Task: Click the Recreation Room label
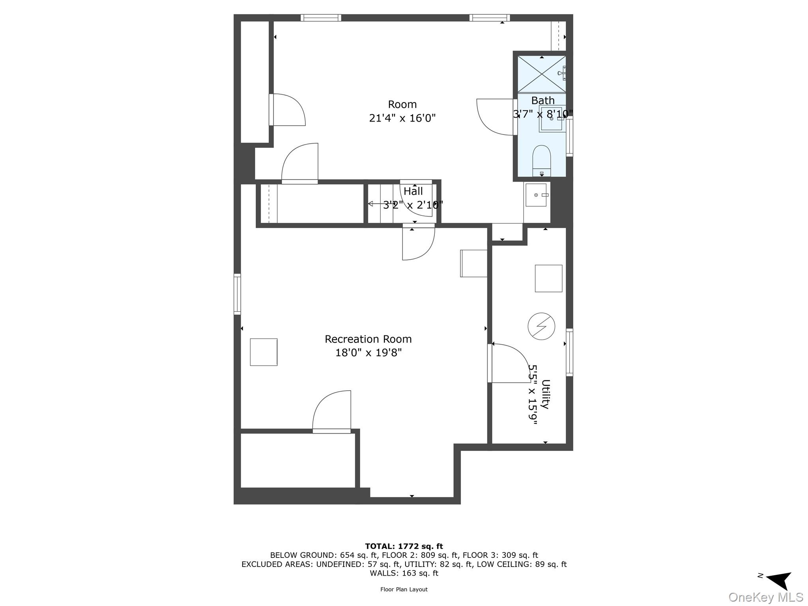point(368,339)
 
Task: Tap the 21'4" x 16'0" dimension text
point(402,118)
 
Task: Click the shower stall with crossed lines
point(541,74)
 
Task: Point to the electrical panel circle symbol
point(541,326)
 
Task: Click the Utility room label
point(545,394)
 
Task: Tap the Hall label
point(413,191)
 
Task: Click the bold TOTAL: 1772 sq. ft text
point(404,546)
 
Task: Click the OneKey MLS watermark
point(765,597)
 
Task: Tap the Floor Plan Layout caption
point(404,589)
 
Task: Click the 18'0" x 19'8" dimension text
point(368,353)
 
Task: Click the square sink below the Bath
point(536,195)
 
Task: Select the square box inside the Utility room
point(548,279)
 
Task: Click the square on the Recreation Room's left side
point(264,352)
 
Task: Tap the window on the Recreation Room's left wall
point(237,294)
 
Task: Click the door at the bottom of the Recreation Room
point(332,412)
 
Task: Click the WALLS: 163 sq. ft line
point(404,573)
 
